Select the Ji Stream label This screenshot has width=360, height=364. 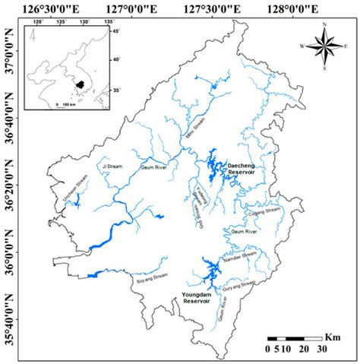tap(111, 165)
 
